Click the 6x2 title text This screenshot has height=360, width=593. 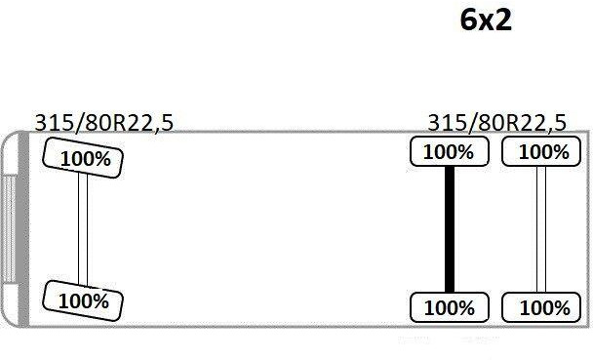(486, 20)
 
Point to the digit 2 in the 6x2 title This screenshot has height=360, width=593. (502, 20)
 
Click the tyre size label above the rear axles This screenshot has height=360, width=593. (496, 123)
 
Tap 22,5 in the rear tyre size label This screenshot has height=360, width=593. (542, 123)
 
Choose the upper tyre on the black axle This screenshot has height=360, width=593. (449, 151)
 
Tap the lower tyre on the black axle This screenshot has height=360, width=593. (449, 307)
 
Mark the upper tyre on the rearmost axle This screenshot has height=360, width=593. (542, 151)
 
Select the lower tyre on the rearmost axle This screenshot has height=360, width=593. (542, 307)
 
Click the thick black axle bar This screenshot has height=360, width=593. (450, 229)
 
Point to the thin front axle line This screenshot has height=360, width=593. (83, 229)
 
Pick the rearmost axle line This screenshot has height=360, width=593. (541, 229)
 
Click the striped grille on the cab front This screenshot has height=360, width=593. (9, 229)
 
